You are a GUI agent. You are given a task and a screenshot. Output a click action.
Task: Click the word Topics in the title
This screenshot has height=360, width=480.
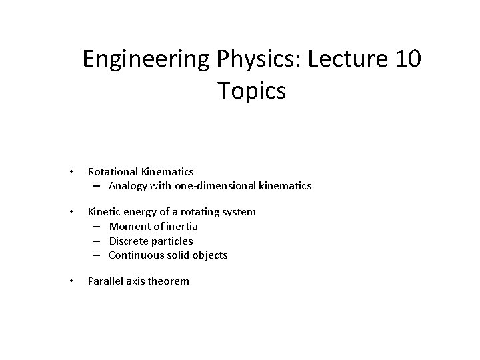[251, 91]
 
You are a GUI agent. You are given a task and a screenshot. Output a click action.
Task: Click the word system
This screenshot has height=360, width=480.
[238, 212]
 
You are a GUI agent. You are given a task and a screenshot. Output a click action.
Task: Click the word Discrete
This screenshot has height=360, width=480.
[128, 241]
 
